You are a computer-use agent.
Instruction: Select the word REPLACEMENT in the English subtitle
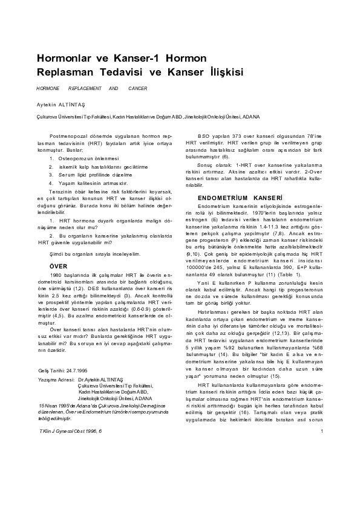click(81, 88)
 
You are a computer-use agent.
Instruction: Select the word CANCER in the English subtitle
click(138, 88)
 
